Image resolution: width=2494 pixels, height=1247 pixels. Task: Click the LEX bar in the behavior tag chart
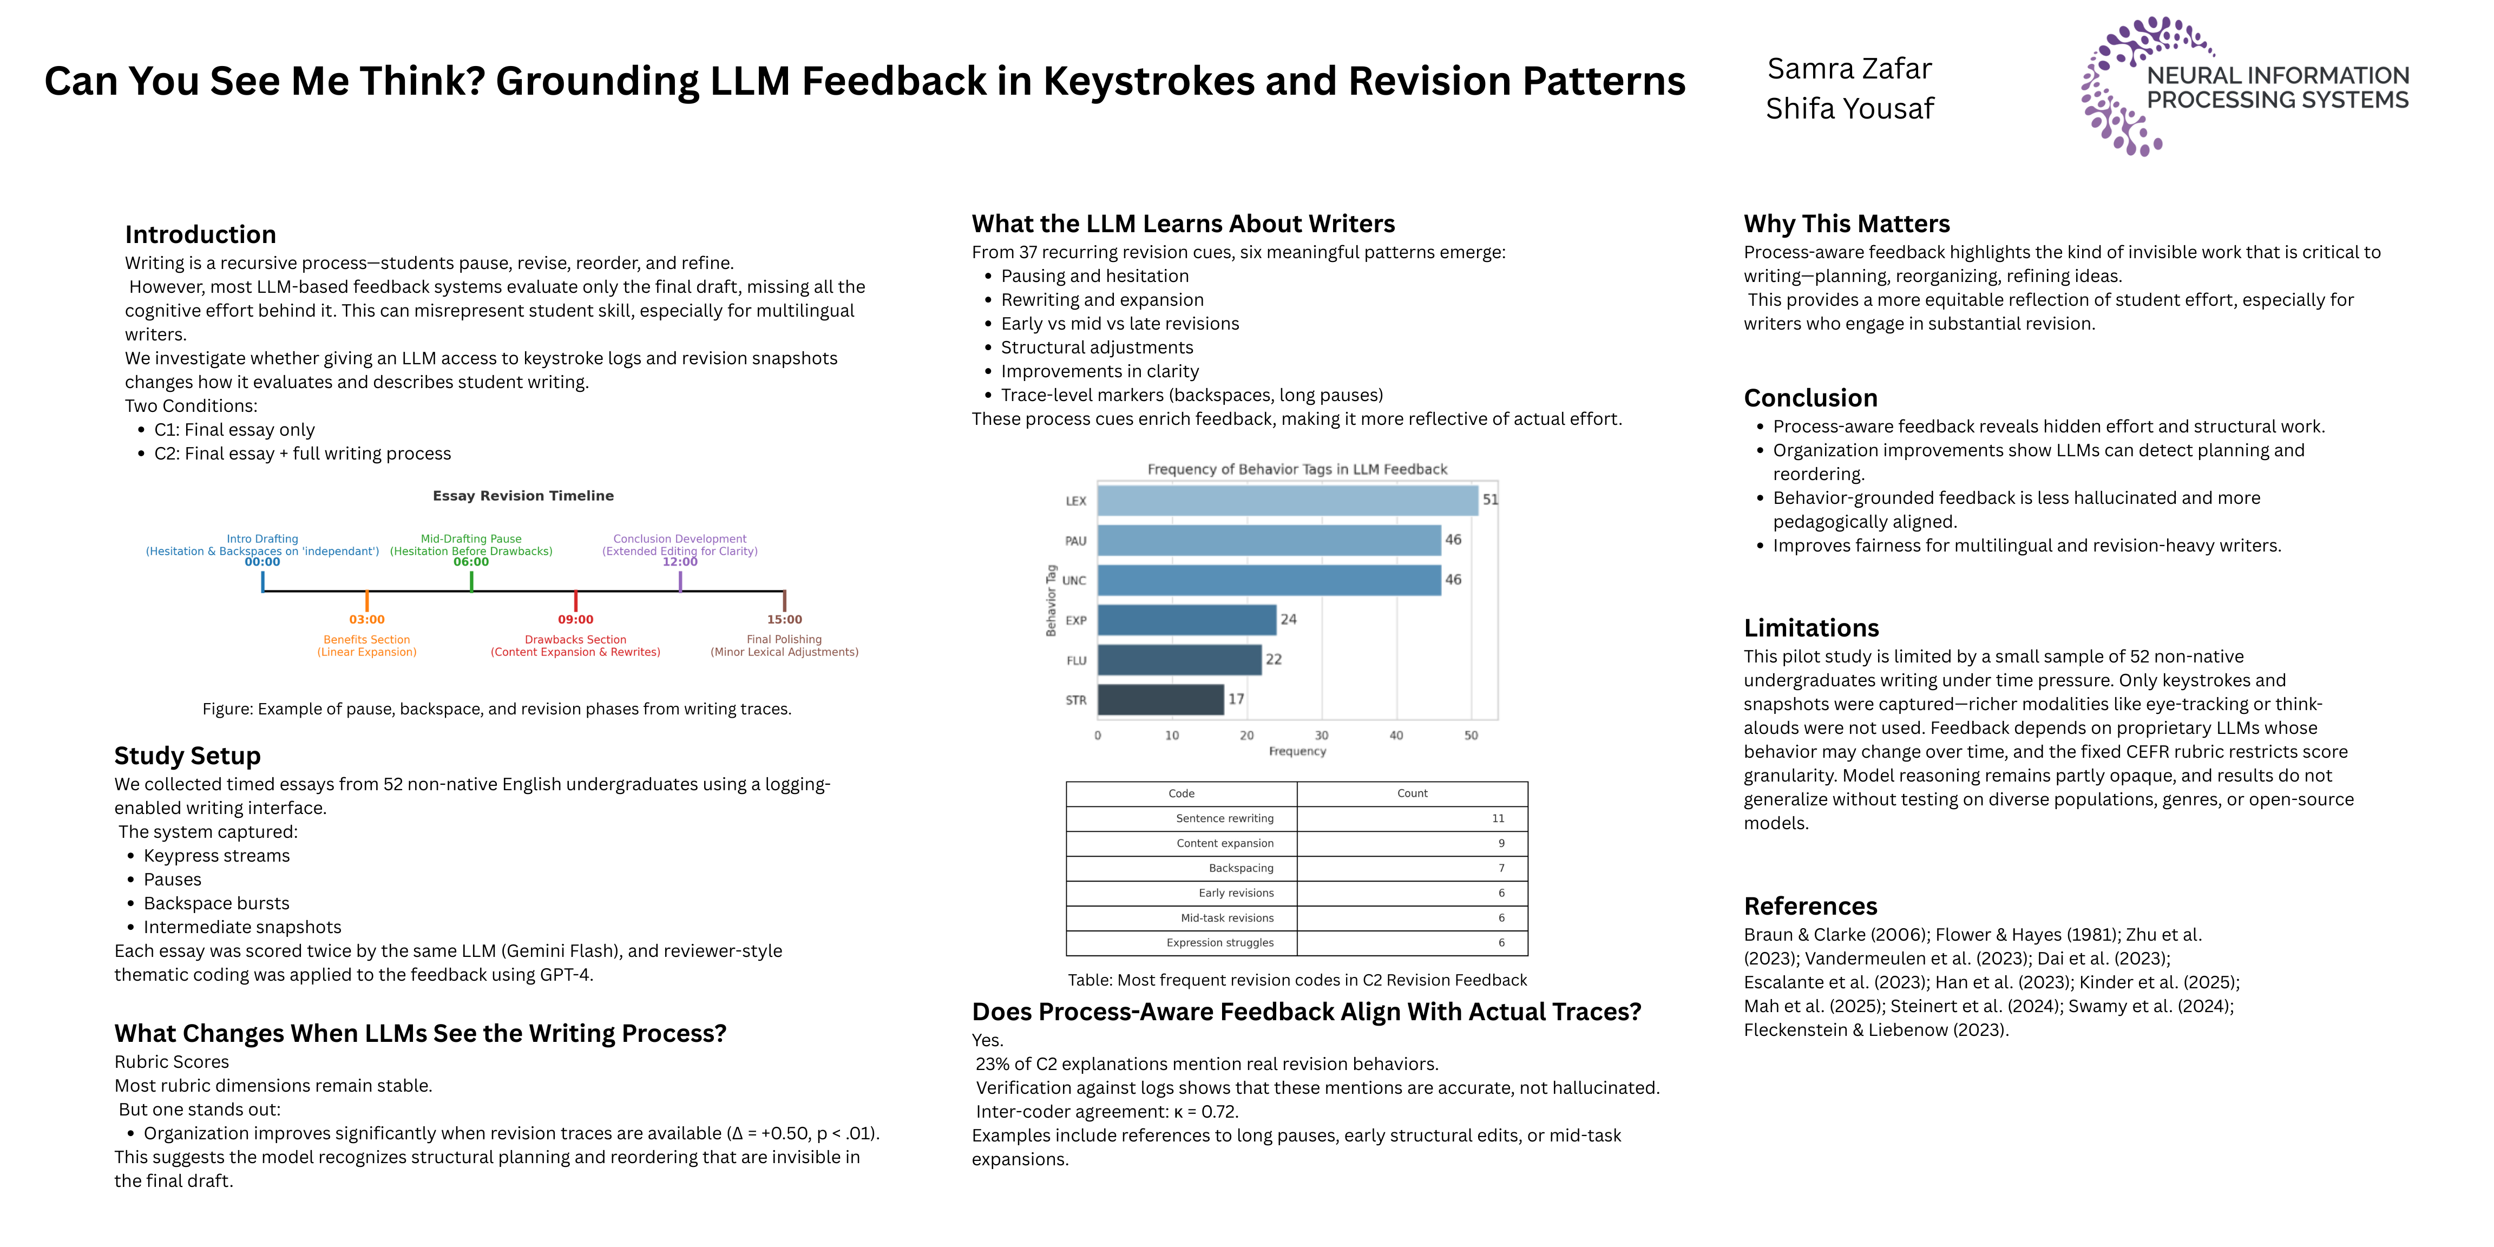coord(1288,501)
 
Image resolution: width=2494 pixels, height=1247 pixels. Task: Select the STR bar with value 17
coord(1161,699)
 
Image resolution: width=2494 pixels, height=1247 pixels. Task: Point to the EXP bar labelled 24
coord(1187,620)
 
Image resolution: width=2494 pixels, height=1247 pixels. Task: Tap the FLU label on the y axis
coord(1075,660)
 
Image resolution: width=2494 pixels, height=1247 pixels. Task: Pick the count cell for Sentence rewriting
coord(1413,818)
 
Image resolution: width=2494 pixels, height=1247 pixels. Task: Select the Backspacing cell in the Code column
coord(1182,869)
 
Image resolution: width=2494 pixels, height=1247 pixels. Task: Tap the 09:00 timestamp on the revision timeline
coord(576,620)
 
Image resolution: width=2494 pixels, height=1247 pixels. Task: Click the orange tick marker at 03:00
coord(367,600)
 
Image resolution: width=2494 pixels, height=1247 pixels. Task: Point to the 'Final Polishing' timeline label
coord(784,639)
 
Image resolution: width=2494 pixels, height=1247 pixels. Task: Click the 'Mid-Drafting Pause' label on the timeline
coord(471,539)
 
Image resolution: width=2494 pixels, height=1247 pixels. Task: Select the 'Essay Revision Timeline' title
coord(523,496)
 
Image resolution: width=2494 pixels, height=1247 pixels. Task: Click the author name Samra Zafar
coord(1849,69)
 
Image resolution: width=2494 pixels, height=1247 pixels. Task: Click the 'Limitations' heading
coord(1812,627)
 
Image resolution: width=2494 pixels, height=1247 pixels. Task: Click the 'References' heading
coord(1810,906)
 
